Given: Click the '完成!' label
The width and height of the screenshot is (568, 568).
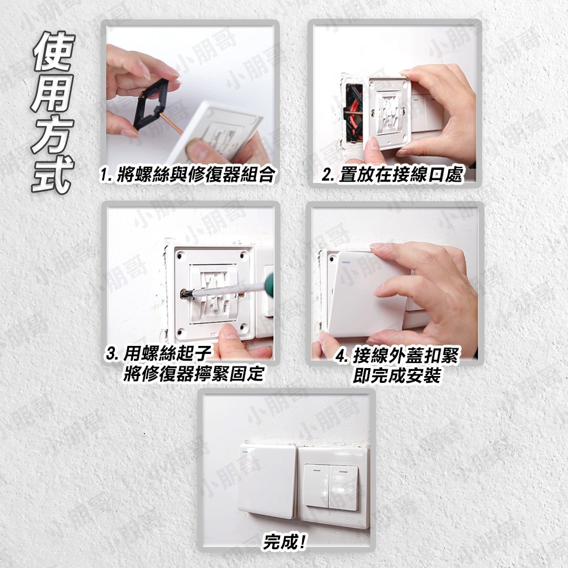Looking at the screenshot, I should pyautogui.click(x=285, y=542).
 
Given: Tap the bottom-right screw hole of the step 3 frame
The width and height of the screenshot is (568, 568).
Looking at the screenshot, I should pyautogui.click(x=243, y=328).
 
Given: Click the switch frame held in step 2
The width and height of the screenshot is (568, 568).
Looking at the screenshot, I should pyautogui.click(x=390, y=114).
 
